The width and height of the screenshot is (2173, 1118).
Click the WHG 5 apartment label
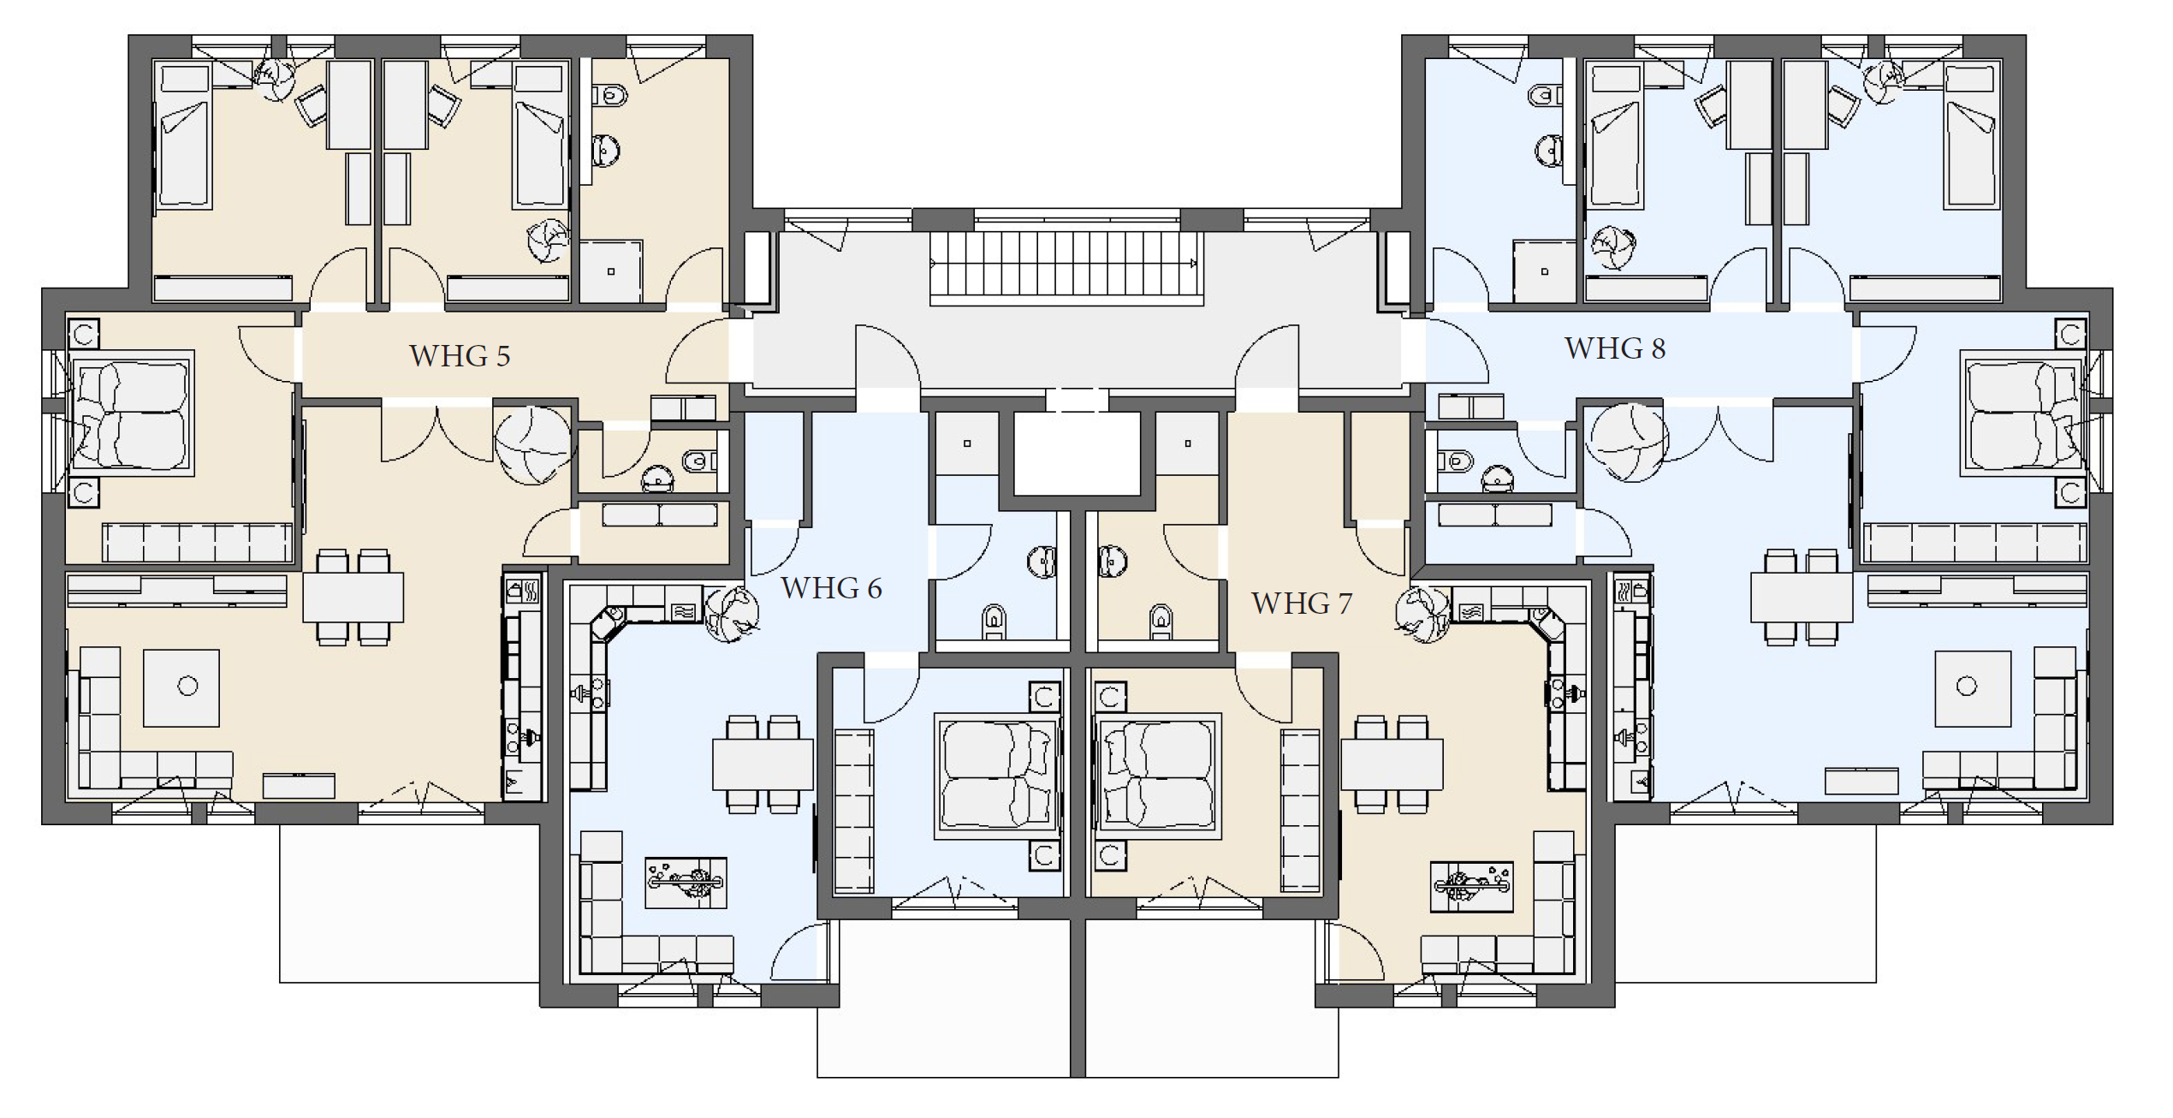click(460, 355)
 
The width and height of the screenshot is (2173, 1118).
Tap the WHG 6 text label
click(831, 588)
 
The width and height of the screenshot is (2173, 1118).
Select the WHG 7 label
click(1302, 604)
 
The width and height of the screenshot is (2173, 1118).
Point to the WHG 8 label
click(1615, 348)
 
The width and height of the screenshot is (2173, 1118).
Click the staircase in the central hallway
click(1067, 269)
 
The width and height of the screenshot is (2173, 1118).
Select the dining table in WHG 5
click(353, 598)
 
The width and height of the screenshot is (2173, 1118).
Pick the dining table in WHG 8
click(1802, 598)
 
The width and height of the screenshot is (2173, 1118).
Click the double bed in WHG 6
click(997, 776)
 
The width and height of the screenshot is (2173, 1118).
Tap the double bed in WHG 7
click(1158, 776)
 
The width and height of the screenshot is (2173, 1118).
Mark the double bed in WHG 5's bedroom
click(131, 413)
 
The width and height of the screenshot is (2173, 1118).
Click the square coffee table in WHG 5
click(181, 687)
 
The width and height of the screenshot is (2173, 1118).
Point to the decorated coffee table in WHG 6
click(686, 883)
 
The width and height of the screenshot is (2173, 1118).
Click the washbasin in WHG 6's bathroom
click(1042, 562)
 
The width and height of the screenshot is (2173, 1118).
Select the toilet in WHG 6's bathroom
click(994, 621)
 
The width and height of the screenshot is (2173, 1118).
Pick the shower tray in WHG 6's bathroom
click(967, 443)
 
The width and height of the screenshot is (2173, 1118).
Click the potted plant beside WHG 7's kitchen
click(1422, 614)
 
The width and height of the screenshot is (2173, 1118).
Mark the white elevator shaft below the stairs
click(1078, 454)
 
